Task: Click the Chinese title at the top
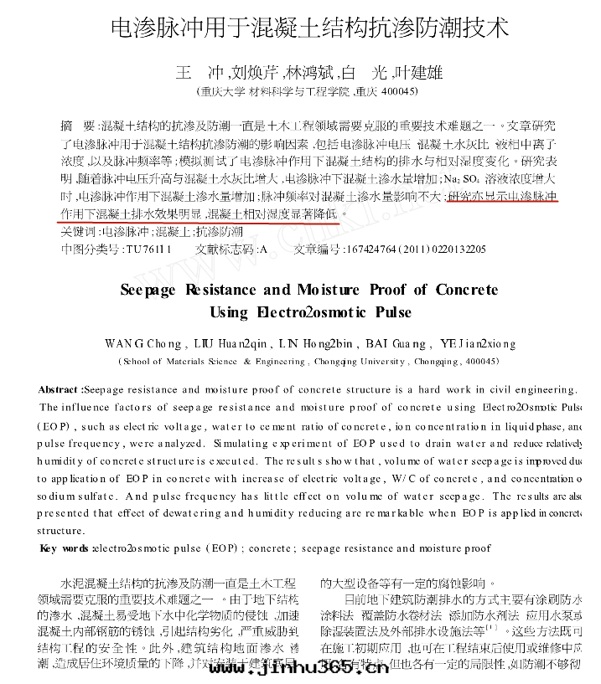coord(309,28)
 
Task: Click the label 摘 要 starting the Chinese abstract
coord(79,126)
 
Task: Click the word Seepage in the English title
coord(148,290)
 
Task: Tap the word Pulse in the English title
coord(389,312)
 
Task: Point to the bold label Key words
coord(65,548)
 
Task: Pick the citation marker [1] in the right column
coord(495,626)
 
